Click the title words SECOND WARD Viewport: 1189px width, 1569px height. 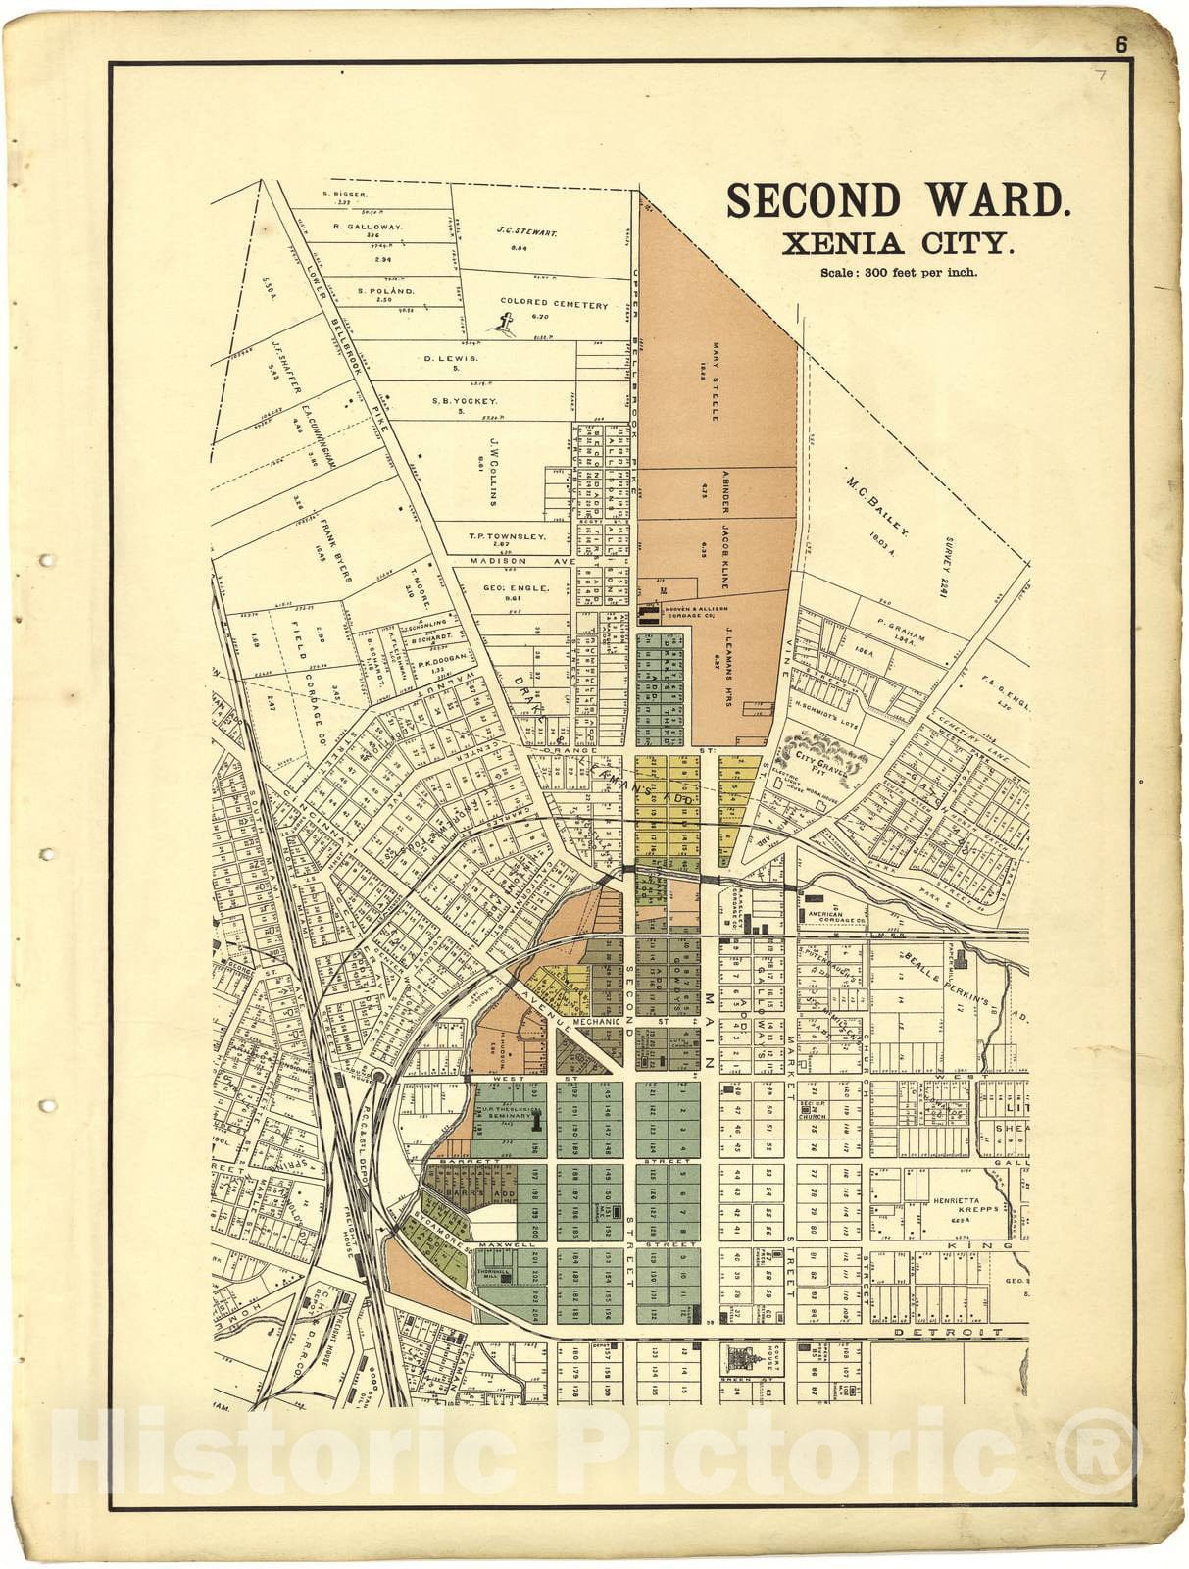[898, 201]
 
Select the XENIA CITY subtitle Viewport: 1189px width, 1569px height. [897, 242]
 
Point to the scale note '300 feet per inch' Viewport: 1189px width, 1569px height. [898, 273]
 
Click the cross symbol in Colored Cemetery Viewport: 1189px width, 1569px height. [507, 323]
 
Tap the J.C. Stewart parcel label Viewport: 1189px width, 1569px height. [526, 233]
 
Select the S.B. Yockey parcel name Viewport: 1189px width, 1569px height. [465, 401]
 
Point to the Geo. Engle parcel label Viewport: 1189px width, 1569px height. [516, 588]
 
